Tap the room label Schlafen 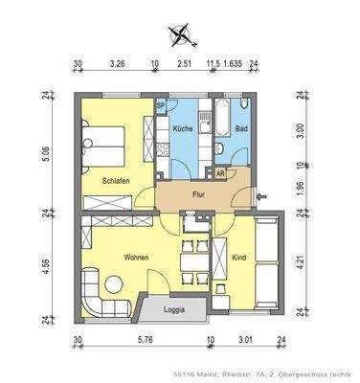pyautogui.click(x=116, y=180)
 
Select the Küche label pyautogui.click(x=183, y=126)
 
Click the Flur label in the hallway pyautogui.click(x=199, y=193)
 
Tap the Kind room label pyautogui.click(x=238, y=258)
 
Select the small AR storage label pyautogui.click(x=221, y=173)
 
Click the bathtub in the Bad pyautogui.click(x=222, y=117)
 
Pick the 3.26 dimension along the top pyautogui.click(x=118, y=66)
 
